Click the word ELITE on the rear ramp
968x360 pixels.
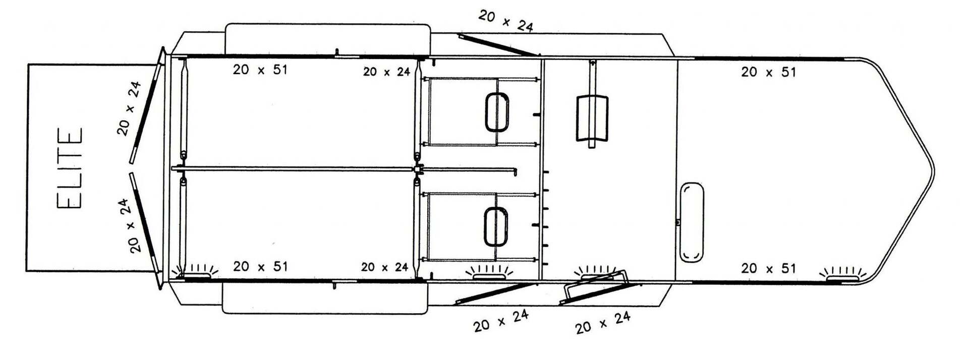70,168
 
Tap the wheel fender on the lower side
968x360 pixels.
325,297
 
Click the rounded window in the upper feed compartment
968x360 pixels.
497,112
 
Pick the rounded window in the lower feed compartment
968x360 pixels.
496,227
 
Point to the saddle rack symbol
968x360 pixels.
592,117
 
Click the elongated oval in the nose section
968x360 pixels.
692,222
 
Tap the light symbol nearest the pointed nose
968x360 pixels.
842,275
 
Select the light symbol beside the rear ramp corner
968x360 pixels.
195,272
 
